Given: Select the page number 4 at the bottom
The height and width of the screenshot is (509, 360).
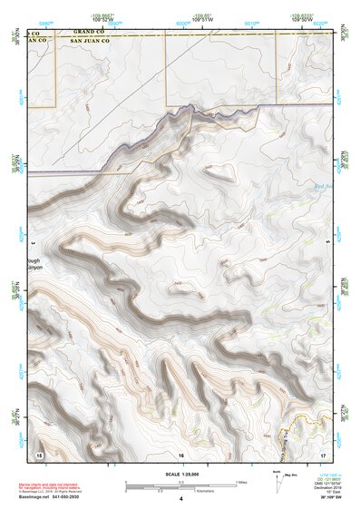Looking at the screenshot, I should (x=180, y=498).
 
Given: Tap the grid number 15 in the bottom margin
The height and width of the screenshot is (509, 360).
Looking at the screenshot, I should (x=39, y=453).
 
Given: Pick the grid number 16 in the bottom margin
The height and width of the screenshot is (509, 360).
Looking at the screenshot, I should (x=180, y=453).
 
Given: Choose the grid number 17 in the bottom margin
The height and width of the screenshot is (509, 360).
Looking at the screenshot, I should (x=322, y=453).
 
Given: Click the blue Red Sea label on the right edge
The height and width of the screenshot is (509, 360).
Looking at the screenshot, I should (x=323, y=188).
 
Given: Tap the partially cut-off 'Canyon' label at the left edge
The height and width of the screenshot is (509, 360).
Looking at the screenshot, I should (x=35, y=268).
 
